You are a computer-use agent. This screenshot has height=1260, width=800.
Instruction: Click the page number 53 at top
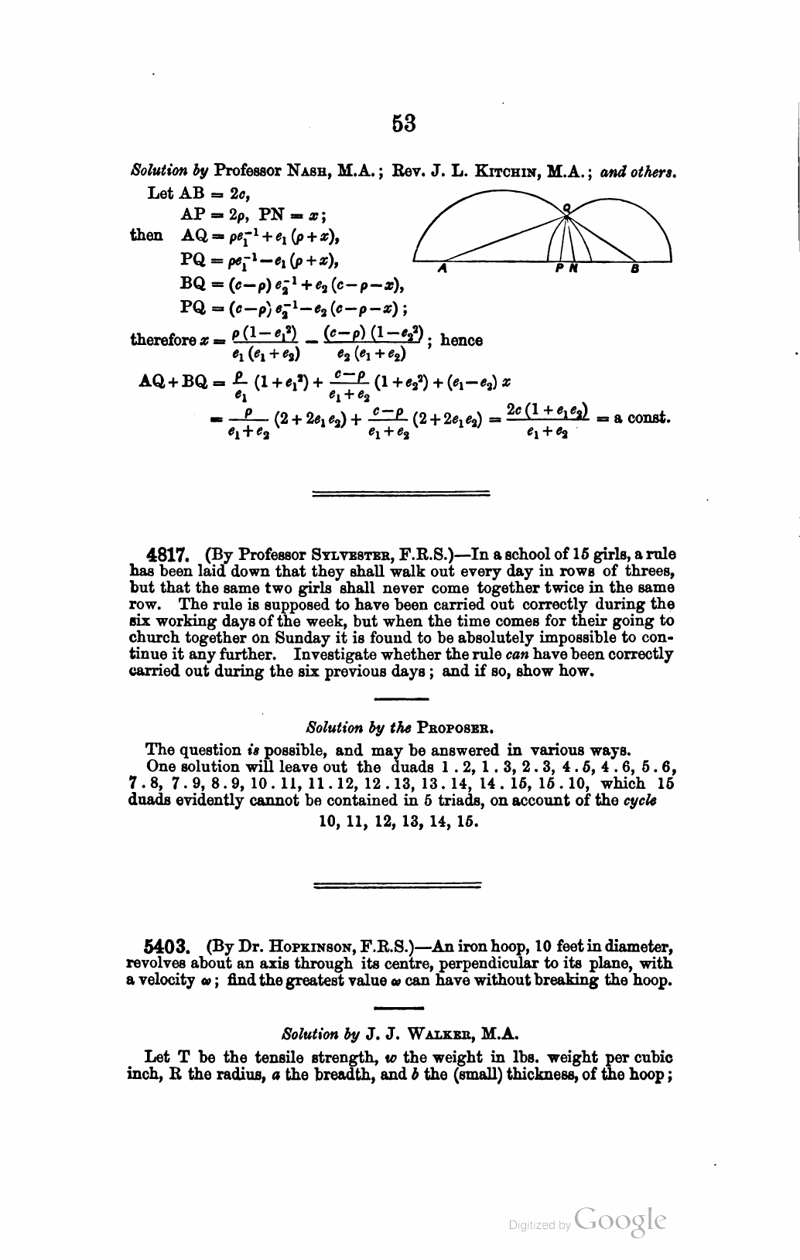point(404,124)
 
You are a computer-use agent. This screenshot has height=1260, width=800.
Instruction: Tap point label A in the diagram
point(442,269)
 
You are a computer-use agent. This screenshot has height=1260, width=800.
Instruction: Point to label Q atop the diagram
point(566,207)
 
